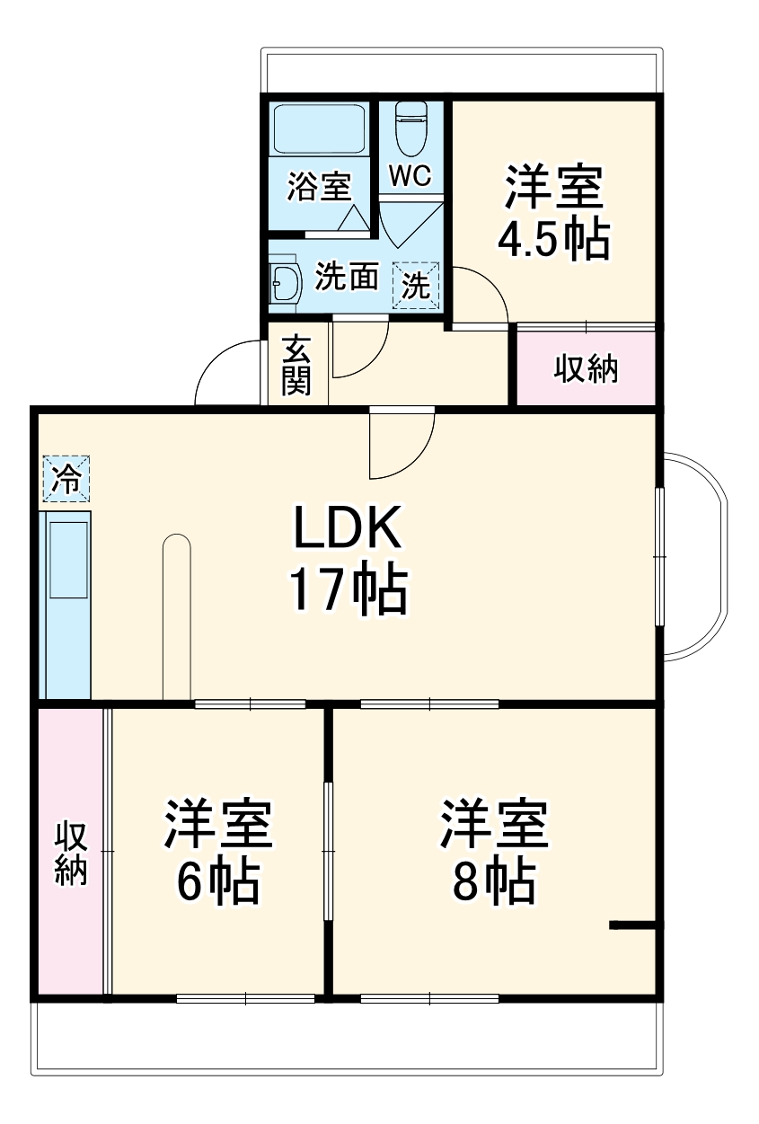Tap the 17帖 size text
(348, 589)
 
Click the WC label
(410, 175)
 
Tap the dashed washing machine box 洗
(415, 286)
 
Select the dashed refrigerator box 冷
(66, 479)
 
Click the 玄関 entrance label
(296, 365)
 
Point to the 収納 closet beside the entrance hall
(585, 368)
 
